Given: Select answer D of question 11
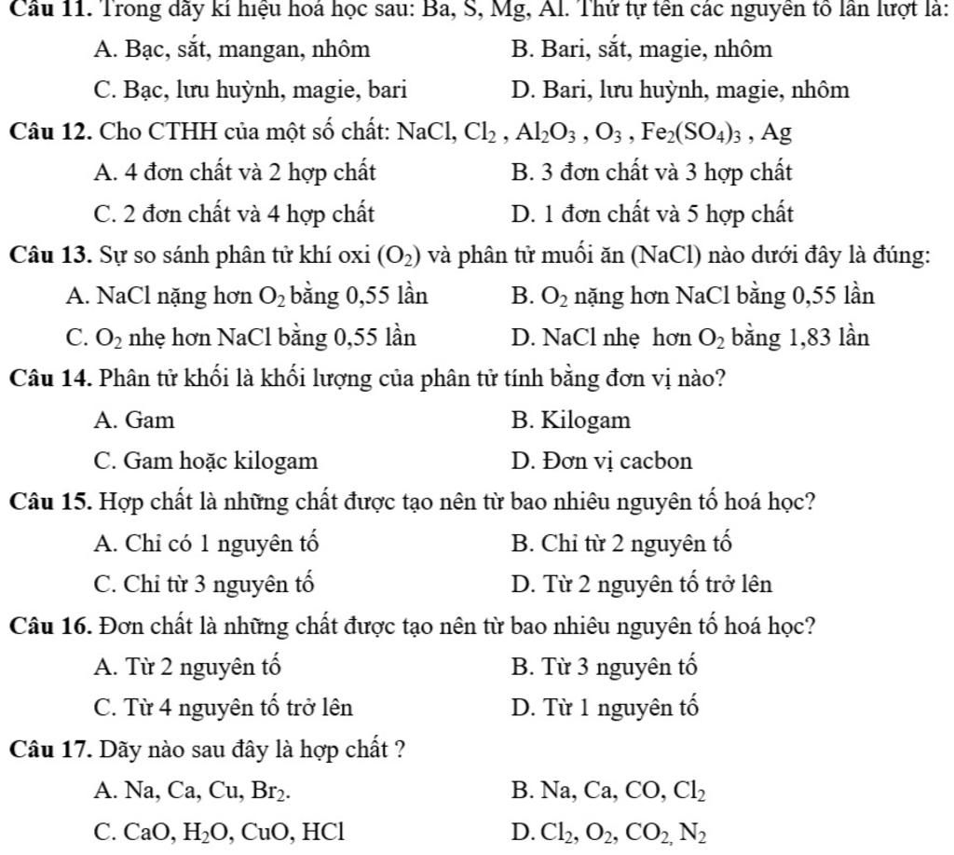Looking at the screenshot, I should tap(680, 90).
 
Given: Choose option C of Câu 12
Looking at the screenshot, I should tap(235, 214).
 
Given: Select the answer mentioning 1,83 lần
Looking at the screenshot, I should tap(690, 338).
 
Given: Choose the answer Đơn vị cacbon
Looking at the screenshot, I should tap(602, 461).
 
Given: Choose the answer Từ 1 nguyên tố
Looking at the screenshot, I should tap(605, 709).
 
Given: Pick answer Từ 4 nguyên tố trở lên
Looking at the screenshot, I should tap(224, 709).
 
